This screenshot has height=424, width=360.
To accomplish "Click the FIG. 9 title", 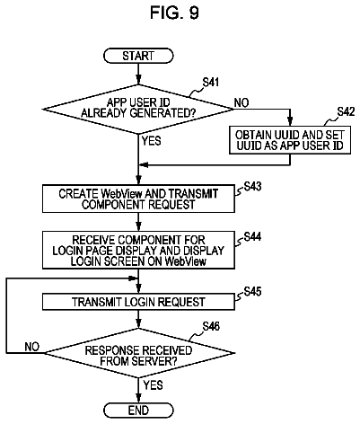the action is pyautogui.click(x=174, y=13).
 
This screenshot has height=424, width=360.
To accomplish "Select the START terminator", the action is pyautogui.click(x=138, y=56).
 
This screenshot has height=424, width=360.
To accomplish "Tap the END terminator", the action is pyautogui.click(x=138, y=411).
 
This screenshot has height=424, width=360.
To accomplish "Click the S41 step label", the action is pyautogui.click(x=211, y=82).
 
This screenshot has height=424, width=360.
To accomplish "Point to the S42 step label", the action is pyautogui.click(x=346, y=111).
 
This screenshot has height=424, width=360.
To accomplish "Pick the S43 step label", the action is pyautogui.click(x=252, y=186).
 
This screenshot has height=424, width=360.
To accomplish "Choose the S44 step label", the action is pyautogui.click(x=252, y=236).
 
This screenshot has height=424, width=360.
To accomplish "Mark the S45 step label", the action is pyautogui.click(x=252, y=291).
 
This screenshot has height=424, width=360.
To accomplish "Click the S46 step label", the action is pyautogui.click(x=211, y=326).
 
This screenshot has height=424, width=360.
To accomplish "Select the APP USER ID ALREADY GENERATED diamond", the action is pyautogui.click(x=138, y=109).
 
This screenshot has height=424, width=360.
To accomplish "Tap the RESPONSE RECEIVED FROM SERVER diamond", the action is pyautogui.click(x=138, y=353).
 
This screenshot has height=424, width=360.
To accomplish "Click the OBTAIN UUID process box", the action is pyautogui.click(x=290, y=140).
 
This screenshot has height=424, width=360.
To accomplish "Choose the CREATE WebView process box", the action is pyautogui.click(x=138, y=199).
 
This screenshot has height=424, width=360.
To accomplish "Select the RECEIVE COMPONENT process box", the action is pyautogui.click(x=138, y=250).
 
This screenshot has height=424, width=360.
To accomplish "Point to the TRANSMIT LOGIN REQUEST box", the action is pyautogui.click(x=138, y=302).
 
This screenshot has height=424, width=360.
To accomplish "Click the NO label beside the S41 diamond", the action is pyautogui.click(x=241, y=102).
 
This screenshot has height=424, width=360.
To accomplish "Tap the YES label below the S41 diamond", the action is pyautogui.click(x=151, y=140).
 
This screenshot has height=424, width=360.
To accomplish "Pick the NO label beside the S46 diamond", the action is pyautogui.click(x=32, y=347).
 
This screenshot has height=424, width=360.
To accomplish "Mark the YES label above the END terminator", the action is pyautogui.click(x=153, y=384).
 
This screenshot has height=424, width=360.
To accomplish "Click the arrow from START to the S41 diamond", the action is pyautogui.click(x=138, y=74).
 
